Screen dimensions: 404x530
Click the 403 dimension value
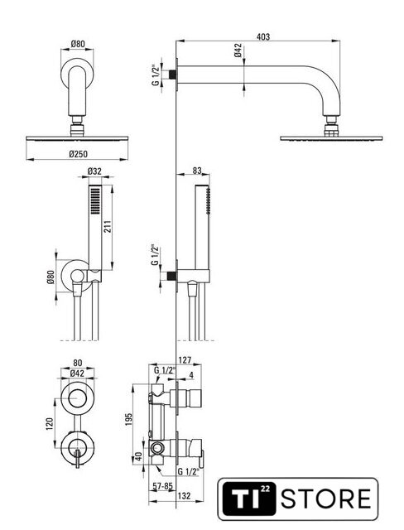[x=263, y=36]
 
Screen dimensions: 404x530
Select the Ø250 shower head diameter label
[x=78, y=154]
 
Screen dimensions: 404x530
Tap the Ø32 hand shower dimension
[x=94, y=171]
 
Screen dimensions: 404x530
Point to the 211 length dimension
[x=107, y=226]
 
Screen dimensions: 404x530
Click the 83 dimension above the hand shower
[x=197, y=171]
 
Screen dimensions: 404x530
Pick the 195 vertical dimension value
[x=128, y=420]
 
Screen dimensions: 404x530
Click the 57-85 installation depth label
[x=163, y=486]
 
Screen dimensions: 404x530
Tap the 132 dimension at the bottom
[x=184, y=496]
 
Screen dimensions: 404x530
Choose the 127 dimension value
[x=185, y=360]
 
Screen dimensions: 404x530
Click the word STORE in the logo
[x=326, y=499]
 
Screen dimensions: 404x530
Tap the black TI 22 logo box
[x=249, y=499]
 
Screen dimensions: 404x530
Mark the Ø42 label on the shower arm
[x=238, y=51]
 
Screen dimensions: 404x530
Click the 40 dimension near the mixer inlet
[x=138, y=456]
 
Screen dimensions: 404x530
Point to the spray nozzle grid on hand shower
[x=95, y=200]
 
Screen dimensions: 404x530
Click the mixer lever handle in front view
[x=78, y=458]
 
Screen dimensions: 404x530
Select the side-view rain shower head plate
[x=331, y=138]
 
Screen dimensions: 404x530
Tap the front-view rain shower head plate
[x=77, y=138]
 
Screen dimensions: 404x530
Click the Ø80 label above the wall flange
[x=78, y=44]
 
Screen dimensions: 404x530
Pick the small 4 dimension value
[x=191, y=375]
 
